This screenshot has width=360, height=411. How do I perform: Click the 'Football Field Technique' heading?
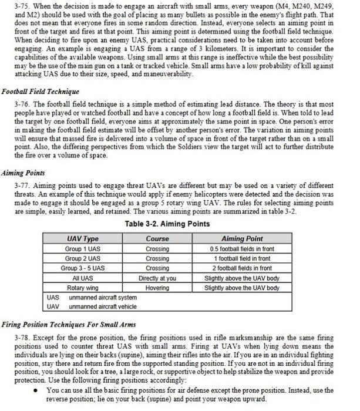coord(41,92)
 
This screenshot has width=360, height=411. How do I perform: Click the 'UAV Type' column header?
coord(82,239)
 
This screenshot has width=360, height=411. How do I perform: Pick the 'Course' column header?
coord(157,239)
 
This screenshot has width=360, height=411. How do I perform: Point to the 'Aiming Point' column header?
coord(241,239)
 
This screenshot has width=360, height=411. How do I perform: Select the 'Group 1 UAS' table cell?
coord(82,249)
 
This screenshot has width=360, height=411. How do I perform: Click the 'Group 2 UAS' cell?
coord(82,258)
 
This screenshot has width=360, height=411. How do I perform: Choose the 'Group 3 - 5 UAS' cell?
coord(82,268)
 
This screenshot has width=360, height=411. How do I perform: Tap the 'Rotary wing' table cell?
coord(82,288)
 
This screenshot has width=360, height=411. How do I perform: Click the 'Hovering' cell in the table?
coord(157,288)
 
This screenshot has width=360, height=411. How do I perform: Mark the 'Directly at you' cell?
coord(157,278)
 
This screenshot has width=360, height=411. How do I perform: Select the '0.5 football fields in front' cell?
coord(241,249)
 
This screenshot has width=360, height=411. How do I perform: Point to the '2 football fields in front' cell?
coord(241,268)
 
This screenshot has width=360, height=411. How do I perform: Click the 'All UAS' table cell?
coord(82,278)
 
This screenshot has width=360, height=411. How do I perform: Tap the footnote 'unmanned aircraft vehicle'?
coord(103,306)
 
